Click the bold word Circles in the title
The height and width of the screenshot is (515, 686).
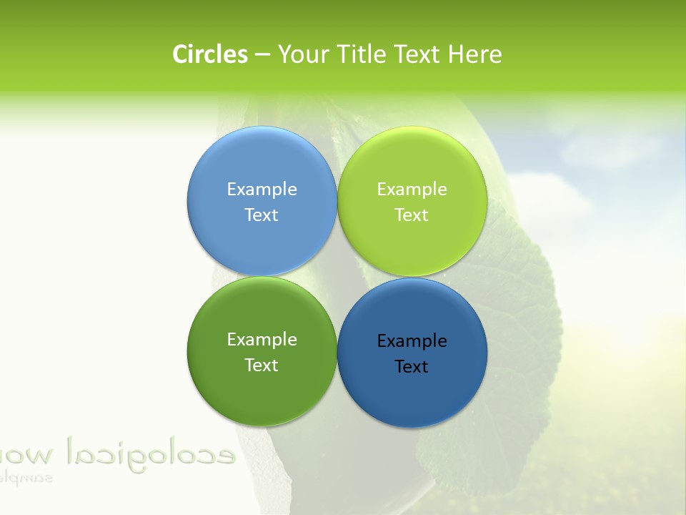coord(209,54)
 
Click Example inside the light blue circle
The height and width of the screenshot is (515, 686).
coord(262,189)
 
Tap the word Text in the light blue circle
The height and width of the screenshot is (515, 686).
coord(262,215)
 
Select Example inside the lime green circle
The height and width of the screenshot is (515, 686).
coord(412,189)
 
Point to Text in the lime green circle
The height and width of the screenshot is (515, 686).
coord(412,215)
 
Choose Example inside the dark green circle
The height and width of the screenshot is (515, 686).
coord(262,339)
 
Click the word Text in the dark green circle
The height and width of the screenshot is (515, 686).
coord(262,365)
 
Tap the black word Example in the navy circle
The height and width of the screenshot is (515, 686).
coord(412,340)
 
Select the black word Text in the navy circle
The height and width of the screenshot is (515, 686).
coord(412,366)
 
